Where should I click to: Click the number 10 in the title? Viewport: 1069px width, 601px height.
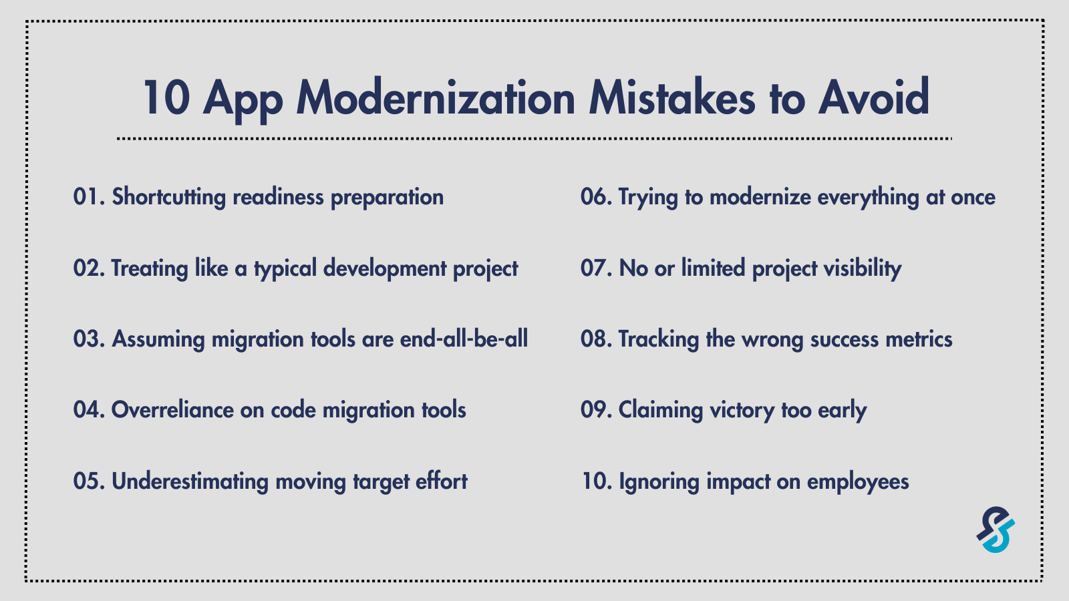point(166,98)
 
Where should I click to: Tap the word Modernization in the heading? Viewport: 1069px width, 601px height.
point(436,98)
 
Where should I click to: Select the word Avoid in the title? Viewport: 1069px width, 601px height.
point(874,98)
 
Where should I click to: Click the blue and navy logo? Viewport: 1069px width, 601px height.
point(996,530)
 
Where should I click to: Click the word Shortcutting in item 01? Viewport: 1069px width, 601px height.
point(168,198)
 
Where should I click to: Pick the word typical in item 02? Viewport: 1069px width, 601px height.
point(285,269)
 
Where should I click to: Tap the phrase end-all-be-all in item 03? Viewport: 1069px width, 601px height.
point(464,339)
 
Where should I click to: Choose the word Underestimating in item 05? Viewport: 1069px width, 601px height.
point(190,481)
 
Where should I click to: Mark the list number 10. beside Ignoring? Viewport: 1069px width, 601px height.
point(596,481)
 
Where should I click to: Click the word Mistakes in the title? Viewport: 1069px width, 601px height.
point(671,98)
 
